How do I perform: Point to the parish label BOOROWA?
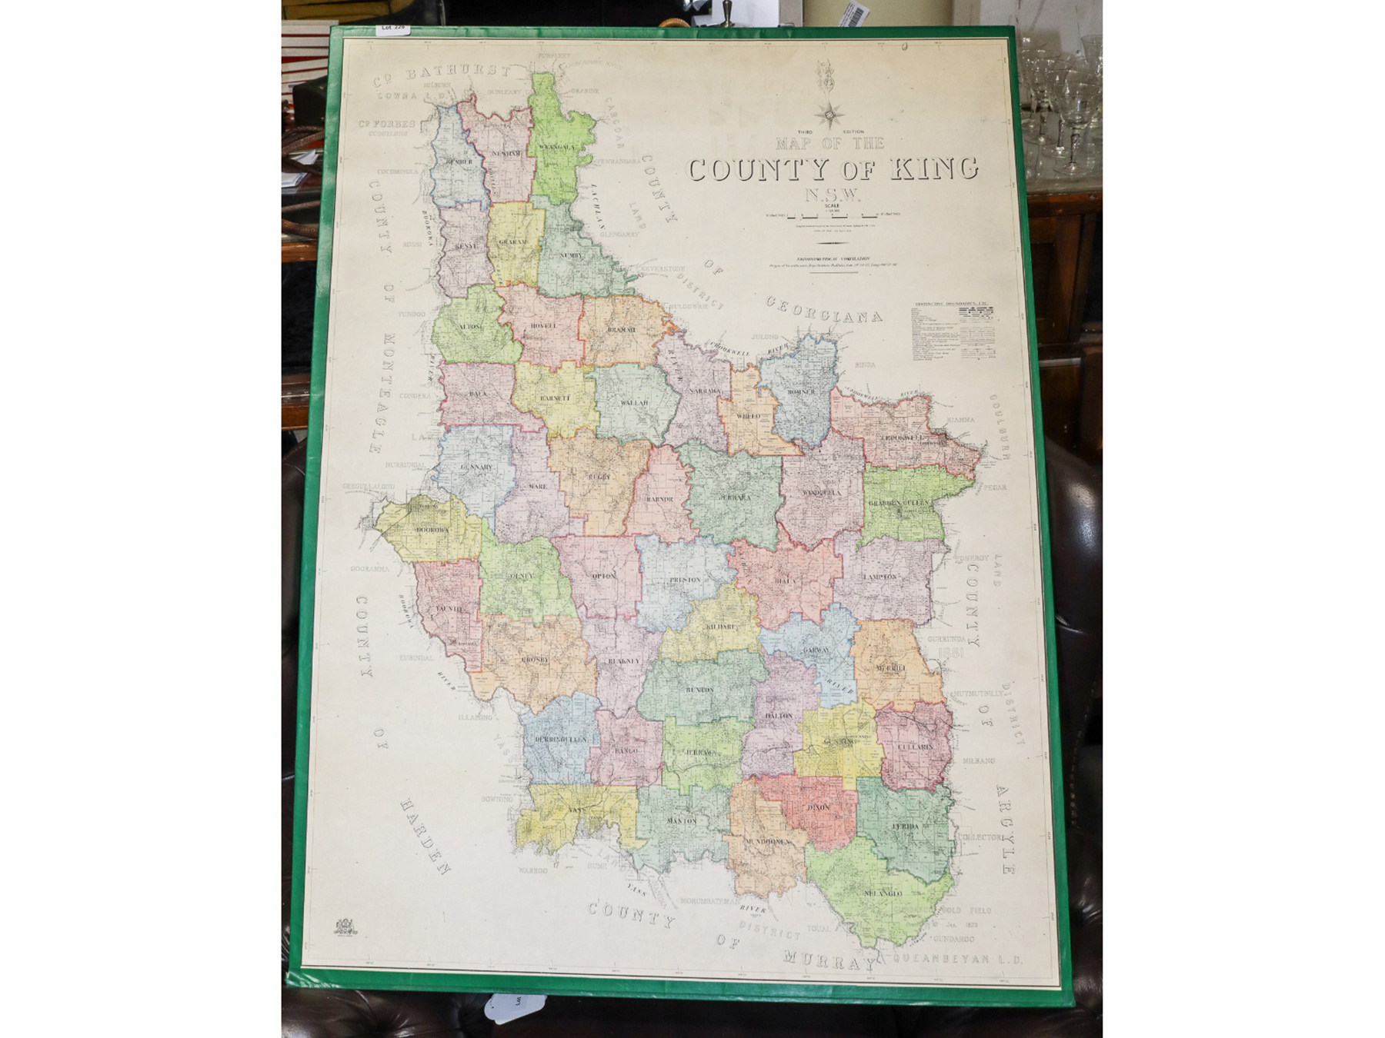432,530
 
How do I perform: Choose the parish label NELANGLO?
882,893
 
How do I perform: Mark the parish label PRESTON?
685,580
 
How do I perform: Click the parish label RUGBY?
599,477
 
